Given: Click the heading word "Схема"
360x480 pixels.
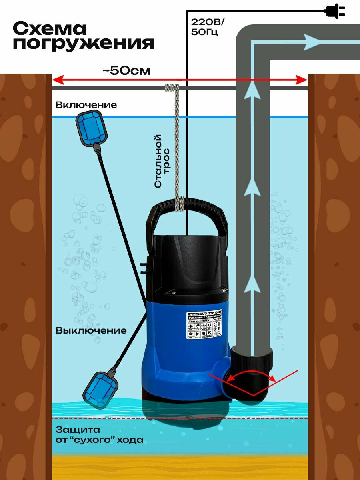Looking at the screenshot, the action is coord(50,28).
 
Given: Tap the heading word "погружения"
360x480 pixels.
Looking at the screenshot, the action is coord(84,43).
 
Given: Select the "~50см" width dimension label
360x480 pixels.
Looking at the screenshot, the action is coord(126,71).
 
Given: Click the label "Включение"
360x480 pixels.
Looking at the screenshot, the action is coord(86,105).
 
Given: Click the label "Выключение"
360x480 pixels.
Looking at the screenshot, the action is coord(91,331).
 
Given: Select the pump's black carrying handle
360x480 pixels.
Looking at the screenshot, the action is coord(186,218).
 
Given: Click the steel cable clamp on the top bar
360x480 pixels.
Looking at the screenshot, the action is coord(172,87).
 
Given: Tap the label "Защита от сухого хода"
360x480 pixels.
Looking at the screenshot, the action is coord(99,435).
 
